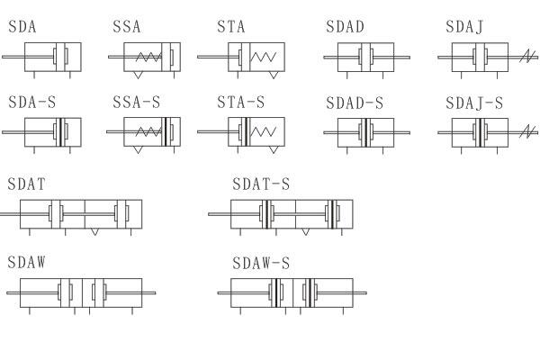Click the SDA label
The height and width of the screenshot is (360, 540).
(x=22, y=27)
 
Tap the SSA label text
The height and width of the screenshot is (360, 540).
(x=127, y=27)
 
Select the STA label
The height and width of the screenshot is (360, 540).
(x=231, y=27)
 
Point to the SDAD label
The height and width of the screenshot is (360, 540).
(x=345, y=27)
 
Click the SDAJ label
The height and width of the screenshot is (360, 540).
(x=464, y=27)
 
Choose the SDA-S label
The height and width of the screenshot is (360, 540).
(x=32, y=103)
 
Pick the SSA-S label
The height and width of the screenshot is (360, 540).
(x=137, y=103)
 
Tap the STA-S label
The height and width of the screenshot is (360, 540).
(x=241, y=103)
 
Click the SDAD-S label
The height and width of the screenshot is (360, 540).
(x=355, y=103)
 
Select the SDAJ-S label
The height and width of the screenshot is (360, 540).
(x=474, y=103)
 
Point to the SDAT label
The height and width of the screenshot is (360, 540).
(x=26, y=184)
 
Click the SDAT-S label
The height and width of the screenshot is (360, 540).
(x=261, y=184)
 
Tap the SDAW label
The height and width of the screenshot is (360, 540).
(x=26, y=263)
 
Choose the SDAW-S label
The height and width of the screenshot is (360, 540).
(x=261, y=263)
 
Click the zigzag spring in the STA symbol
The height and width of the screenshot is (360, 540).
(x=263, y=57)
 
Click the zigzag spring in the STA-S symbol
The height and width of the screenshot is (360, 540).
(x=263, y=132)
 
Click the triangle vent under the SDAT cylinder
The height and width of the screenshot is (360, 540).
(x=94, y=232)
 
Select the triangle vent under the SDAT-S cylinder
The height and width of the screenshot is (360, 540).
(x=305, y=232)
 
